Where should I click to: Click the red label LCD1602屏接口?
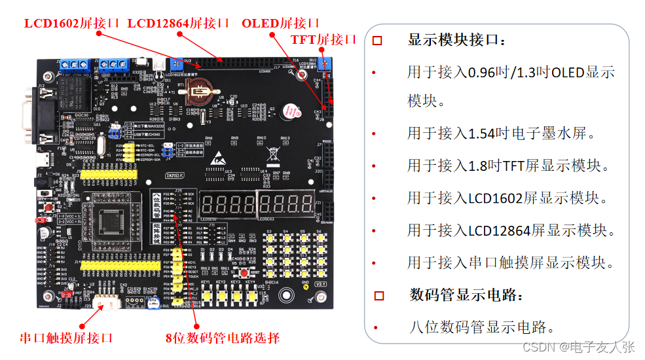coord(72,23)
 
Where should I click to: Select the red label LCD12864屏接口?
coord(178,23)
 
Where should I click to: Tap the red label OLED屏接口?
coord(280,23)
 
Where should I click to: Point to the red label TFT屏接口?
coord(323,39)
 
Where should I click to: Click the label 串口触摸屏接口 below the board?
coord(66,338)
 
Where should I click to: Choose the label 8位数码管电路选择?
coord(223,338)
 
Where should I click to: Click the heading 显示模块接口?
coord(456,41)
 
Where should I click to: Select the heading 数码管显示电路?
coord(467,295)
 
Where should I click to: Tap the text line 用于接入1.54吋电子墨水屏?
coord(501,134)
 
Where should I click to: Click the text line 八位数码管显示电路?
coord(481,327)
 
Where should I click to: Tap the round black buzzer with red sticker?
coord(289,112)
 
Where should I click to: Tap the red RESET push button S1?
coord(244,272)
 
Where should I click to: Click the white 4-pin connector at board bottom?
coord(104,303)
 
